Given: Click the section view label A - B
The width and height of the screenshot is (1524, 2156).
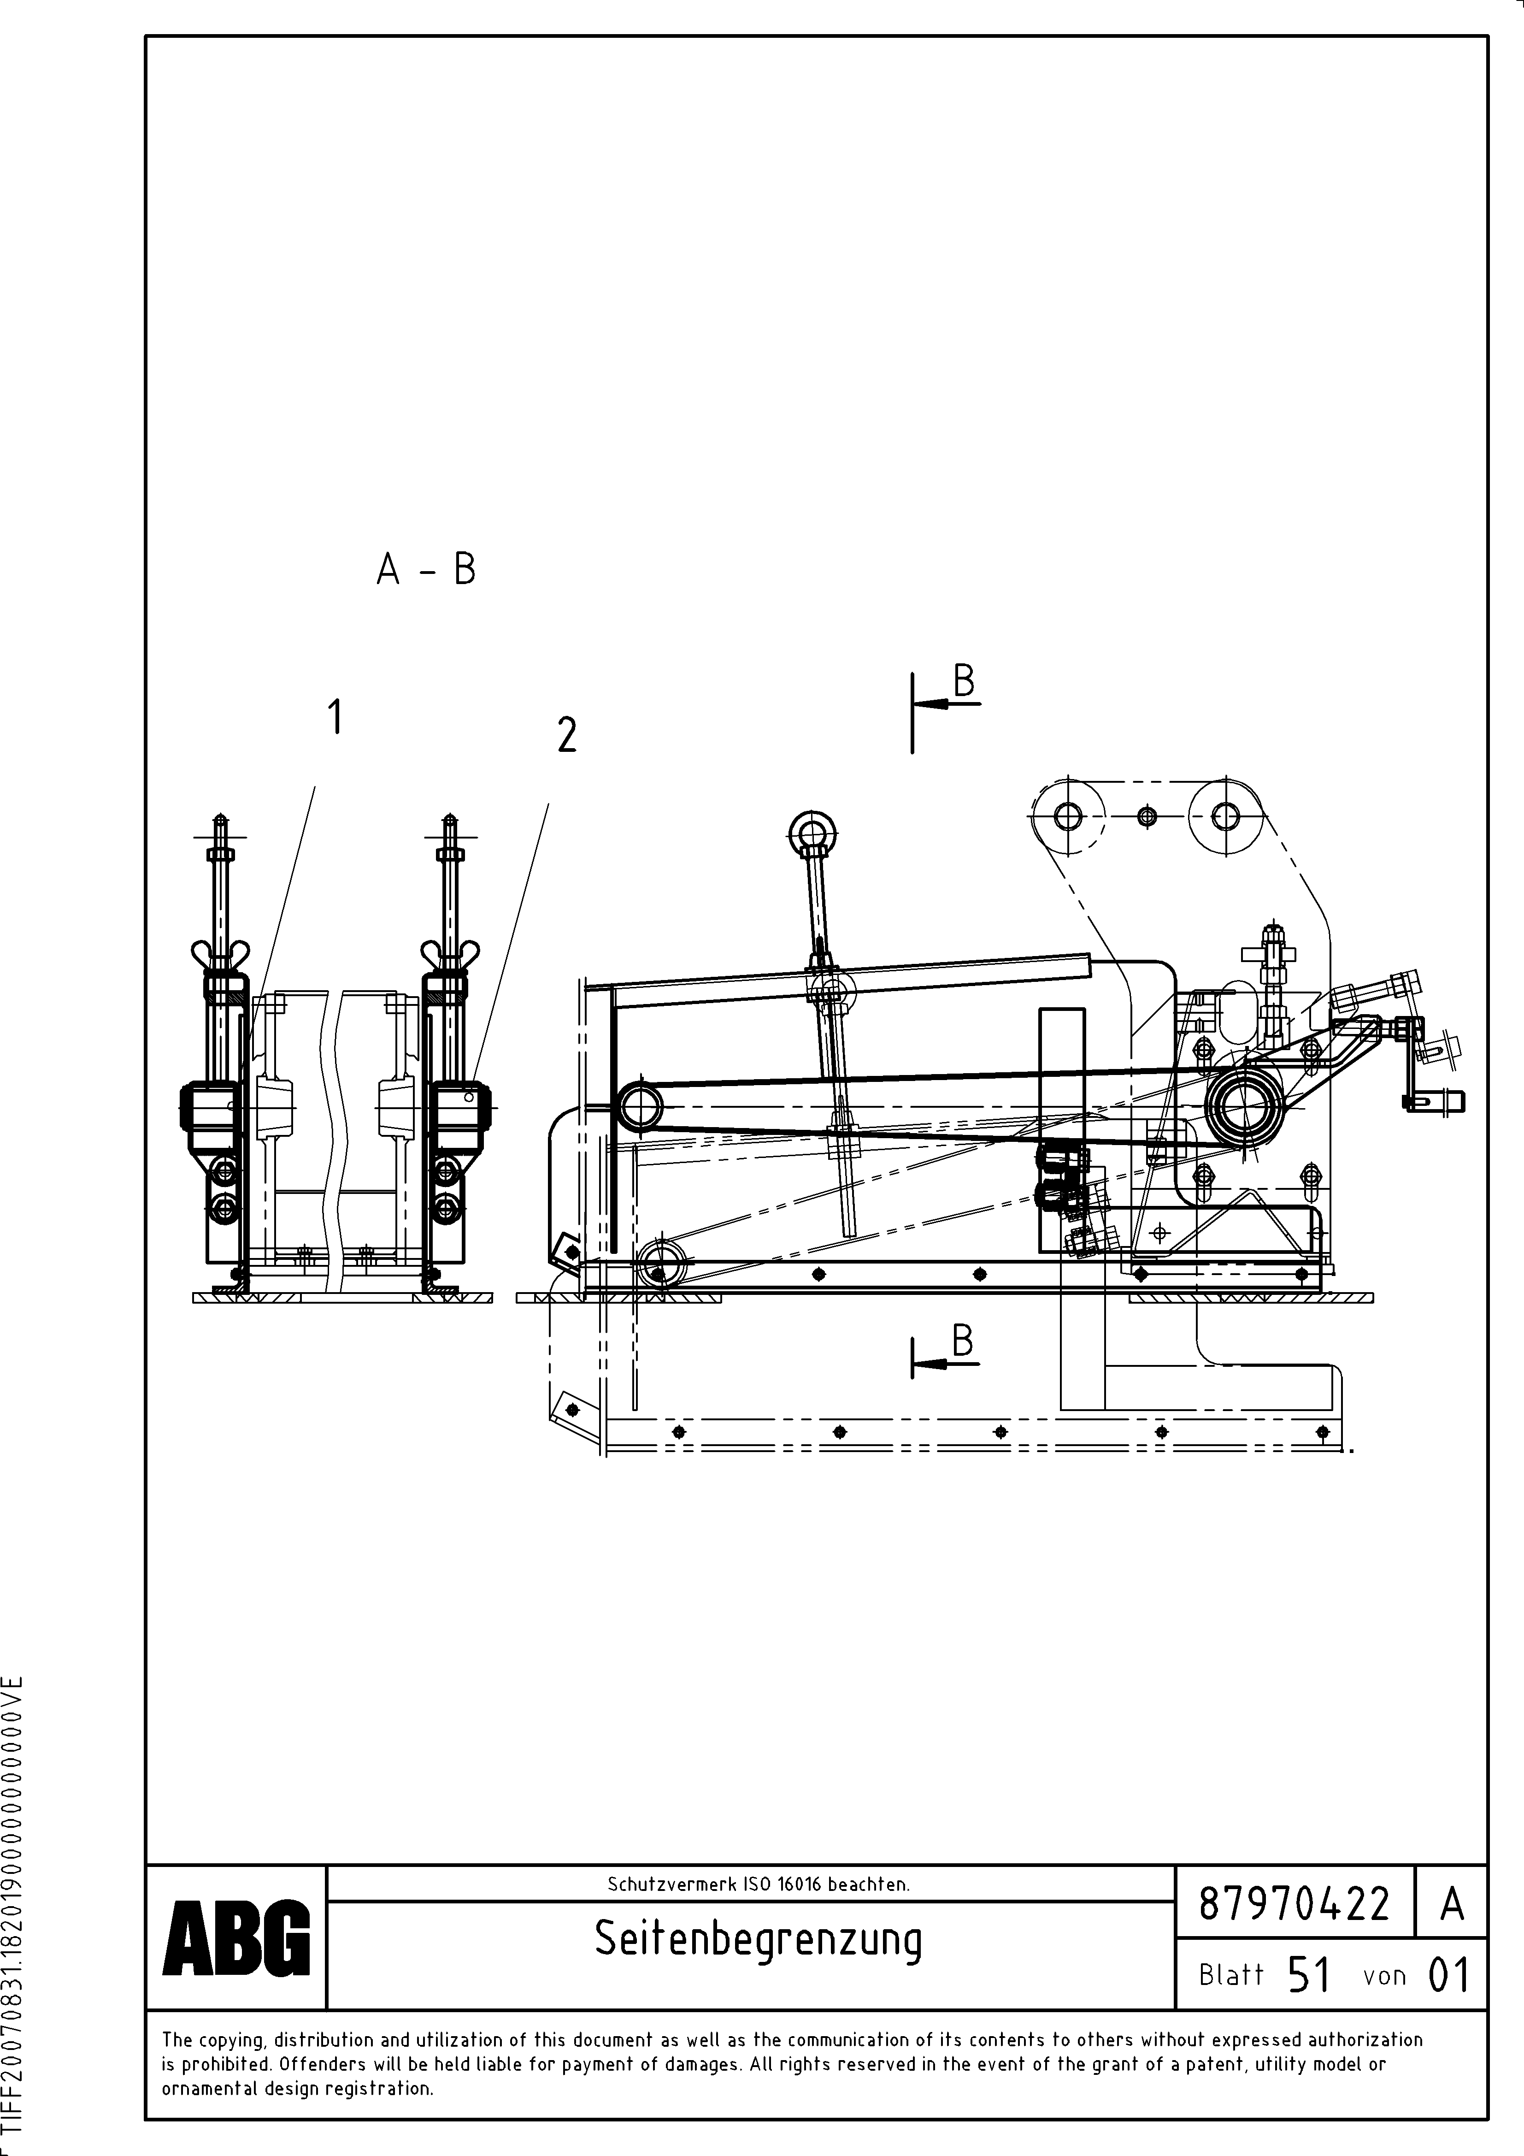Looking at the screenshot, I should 426,569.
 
